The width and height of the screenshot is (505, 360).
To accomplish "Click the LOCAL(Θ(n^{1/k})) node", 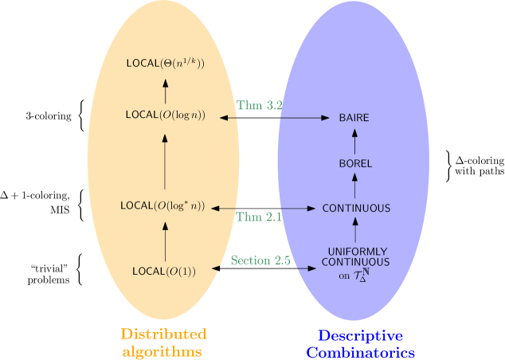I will [x=165, y=62].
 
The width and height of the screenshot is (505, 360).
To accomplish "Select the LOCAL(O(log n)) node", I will [x=165, y=115].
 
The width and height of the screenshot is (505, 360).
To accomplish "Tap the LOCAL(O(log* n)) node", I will [x=162, y=205].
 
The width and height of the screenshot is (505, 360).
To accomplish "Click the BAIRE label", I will [x=354, y=118].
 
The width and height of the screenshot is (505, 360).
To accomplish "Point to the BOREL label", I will [x=355, y=163].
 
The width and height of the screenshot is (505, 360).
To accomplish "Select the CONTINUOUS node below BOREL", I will [x=356, y=209].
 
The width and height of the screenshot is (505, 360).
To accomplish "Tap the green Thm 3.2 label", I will [x=260, y=105].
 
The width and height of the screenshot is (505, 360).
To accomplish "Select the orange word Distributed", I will [x=163, y=334].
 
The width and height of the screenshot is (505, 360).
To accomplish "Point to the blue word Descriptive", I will [x=361, y=335].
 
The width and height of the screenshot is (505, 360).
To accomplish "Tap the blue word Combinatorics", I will [x=361, y=352].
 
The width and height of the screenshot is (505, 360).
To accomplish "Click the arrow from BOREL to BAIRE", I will [x=355, y=141].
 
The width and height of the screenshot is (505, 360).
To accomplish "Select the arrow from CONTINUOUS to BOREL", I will [x=355, y=186].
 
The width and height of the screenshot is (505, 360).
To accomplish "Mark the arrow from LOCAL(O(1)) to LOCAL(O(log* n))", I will [x=165, y=239].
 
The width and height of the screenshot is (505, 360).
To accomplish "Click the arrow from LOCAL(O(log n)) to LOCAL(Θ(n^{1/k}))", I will [x=165, y=88].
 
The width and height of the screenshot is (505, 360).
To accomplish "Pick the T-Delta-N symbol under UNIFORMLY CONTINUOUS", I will [x=362, y=275].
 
